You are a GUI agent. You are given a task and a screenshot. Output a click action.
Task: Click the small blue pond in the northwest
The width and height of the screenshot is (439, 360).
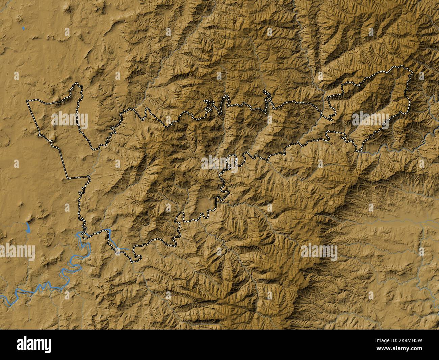pos(23,28)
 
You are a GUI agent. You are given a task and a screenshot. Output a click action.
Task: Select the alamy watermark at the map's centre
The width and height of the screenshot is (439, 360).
pos(219,164)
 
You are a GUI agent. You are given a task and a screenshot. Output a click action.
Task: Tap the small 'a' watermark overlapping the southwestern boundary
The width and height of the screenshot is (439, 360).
pos(117,250)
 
